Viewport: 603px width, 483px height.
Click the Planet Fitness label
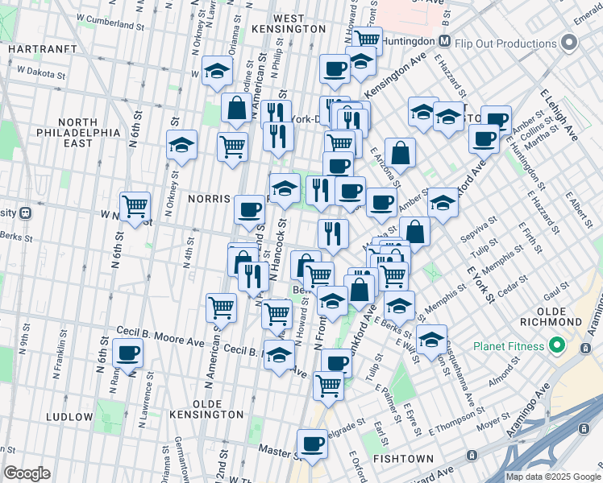(x=505, y=347)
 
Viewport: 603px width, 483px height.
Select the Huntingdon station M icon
(x=444, y=41)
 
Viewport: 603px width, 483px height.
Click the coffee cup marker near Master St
(x=312, y=442)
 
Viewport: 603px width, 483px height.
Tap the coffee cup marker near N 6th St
(x=128, y=351)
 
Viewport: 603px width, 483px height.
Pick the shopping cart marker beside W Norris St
(x=135, y=204)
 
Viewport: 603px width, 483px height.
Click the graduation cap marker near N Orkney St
(x=182, y=144)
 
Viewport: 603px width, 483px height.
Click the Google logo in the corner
(x=27, y=473)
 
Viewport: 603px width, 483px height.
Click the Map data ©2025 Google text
(x=553, y=477)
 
